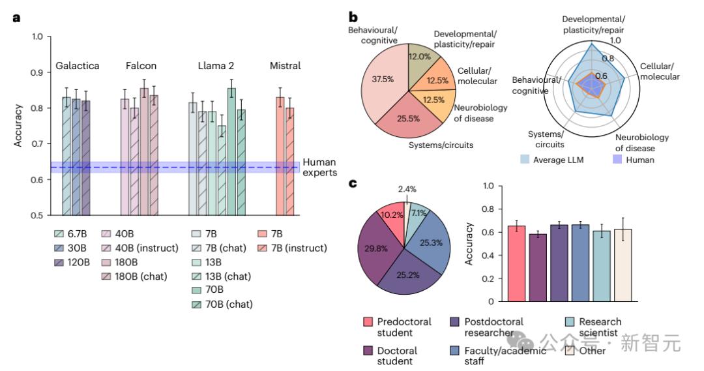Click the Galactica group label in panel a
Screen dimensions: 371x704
[x=77, y=66]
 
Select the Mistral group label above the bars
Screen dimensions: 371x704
[x=285, y=66]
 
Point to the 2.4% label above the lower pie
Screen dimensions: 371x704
[x=407, y=189]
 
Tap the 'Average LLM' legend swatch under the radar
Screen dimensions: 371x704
[x=526, y=159]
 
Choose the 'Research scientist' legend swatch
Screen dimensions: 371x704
[x=570, y=321]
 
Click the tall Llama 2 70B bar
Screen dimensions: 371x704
[x=231, y=151]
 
